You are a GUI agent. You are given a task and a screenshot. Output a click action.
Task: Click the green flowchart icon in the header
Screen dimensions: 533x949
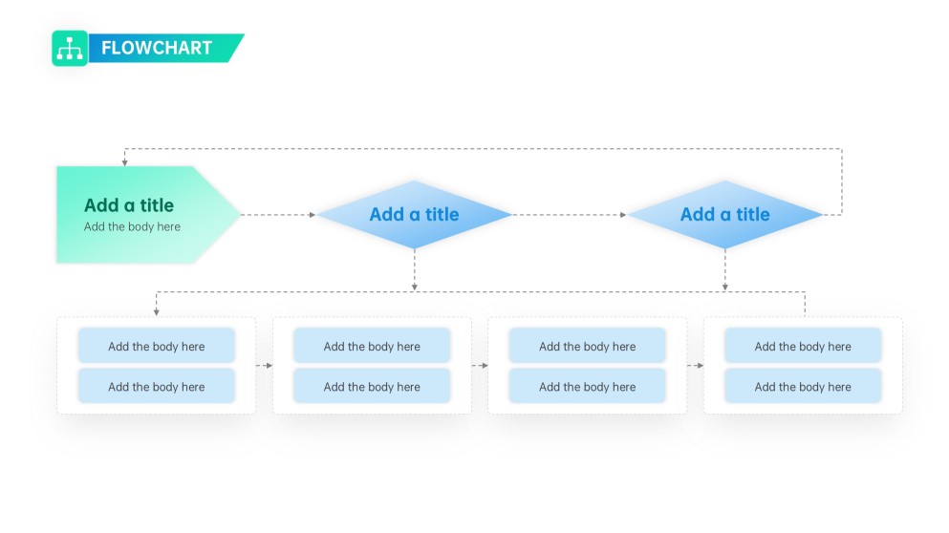pyautogui.click(x=70, y=49)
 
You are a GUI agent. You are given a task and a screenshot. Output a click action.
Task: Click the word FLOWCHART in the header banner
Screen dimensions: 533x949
pyautogui.click(x=157, y=49)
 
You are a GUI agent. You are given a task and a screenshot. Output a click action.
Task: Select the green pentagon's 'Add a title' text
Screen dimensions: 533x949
pyautogui.click(x=129, y=205)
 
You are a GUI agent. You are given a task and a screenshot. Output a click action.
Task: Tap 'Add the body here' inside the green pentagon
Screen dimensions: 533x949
pyautogui.click(x=132, y=227)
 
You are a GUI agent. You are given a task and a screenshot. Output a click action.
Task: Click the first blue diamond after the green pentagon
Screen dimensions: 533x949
pyautogui.click(x=414, y=215)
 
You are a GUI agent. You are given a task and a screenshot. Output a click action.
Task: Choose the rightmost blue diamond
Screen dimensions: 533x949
pyautogui.click(x=724, y=215)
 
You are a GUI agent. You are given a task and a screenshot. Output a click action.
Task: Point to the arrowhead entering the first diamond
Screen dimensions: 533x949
pyautogui.click(x=312, y=215)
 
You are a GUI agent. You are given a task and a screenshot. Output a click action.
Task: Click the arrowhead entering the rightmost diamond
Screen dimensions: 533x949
pyautogui.click(x=623, y=215)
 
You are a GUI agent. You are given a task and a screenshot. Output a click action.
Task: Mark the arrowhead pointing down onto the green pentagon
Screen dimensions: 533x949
pyautogui.click(x=124, y=162)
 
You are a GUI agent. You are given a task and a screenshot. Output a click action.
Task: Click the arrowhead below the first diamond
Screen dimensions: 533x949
pyautogui.click(x=414, y=286)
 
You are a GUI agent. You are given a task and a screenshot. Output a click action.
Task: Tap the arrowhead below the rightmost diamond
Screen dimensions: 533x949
pyautogui.click(x=724, y=286)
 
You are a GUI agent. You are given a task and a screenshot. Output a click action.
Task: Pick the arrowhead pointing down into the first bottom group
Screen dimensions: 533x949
pyautogui.click(x=156, y=311)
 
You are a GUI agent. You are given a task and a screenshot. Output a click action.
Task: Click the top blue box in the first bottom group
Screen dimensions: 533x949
pyautogui.click(x=156, y=347)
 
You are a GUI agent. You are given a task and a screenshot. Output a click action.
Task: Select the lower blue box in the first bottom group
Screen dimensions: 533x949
pyautogui.click(x=156, y=387)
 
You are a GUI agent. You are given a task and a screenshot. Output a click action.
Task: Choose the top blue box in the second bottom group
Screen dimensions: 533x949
pyautogui.click(x=372, y=347)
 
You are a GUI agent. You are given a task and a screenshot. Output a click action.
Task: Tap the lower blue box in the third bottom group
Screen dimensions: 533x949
pyautogui.click(x=587, y=387)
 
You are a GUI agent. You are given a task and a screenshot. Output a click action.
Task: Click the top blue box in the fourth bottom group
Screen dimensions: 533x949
pyautogui.click(x=803, y=347)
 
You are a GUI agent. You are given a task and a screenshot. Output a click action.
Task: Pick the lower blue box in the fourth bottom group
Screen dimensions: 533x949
pyautogui.click(x=803, y=387)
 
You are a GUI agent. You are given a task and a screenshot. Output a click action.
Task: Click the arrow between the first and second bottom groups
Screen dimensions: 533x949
pyautogui.click(x=265, y=366)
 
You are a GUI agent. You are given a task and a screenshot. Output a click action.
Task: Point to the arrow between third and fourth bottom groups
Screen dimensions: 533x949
pyautogui.click(x=696, y=366)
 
